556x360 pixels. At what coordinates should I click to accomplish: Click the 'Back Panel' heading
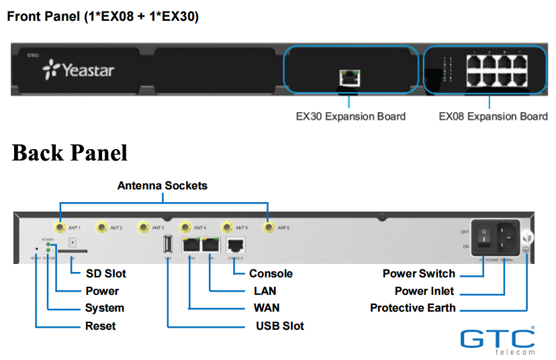70,152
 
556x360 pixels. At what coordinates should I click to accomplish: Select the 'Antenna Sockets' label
163,185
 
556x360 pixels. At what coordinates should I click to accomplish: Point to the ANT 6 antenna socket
268,228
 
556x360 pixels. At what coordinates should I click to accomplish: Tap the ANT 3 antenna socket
143,228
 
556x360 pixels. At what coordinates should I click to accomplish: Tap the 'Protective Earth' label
412,308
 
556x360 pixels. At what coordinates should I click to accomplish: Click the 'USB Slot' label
279,326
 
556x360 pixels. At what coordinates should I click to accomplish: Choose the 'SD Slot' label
105,273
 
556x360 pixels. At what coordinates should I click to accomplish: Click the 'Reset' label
100,326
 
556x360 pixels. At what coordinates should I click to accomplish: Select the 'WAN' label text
266,308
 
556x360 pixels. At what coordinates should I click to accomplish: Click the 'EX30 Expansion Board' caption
351,116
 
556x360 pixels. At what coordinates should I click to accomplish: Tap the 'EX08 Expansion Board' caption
493,116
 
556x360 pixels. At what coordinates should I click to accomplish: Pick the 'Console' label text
271,273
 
